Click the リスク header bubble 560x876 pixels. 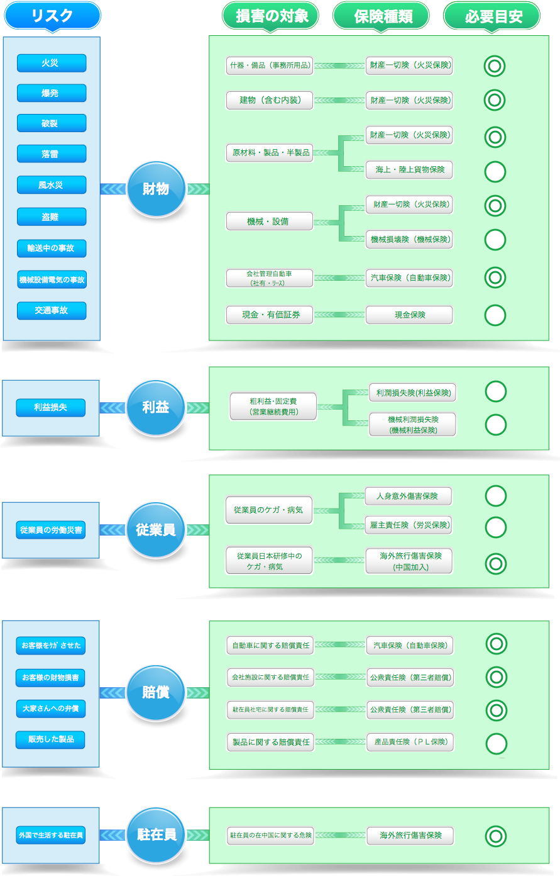pos(52,16)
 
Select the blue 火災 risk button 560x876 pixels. pos(52,63)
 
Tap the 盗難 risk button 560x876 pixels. pos(52,216)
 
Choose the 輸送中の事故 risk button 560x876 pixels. pos(52,248)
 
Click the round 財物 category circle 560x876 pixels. pos(156,189)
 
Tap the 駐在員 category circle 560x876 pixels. pos(156,835)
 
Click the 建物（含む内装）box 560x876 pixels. pos(270,100)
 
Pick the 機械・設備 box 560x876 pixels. pos(270,222)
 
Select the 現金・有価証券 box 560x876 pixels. pos(270,315)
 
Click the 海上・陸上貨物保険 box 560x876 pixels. pos(409,170)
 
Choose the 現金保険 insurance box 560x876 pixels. pos(409,315)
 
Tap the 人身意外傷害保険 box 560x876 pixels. pos(408,496)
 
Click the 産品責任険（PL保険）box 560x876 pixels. pos(410,742)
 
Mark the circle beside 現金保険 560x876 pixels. pos(495,315)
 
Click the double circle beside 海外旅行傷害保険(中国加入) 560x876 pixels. pos(496,563)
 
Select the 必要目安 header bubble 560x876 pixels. pos(492,16)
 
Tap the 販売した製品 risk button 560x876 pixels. pos(51,739)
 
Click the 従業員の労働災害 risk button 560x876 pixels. pos(51,530)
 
